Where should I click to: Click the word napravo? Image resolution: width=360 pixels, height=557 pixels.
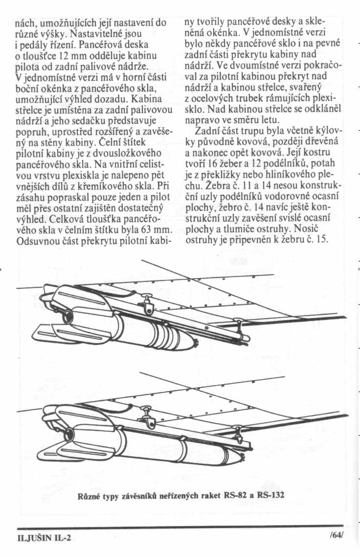point(204,119)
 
